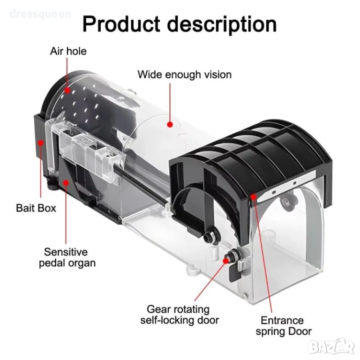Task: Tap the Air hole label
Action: (68, 51)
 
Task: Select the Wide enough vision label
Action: (184, 75)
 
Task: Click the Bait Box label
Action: (36, 207)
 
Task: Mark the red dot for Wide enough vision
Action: (170, 125)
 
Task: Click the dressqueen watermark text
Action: (40, 14)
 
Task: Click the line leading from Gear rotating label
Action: (211, 281)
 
